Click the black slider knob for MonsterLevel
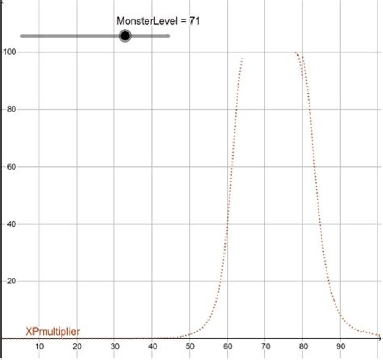pos(125,36)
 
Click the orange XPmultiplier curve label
pos(53,332)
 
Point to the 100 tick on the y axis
pos(9,52)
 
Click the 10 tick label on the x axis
pos(39,347)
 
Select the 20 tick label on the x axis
pos(77,347)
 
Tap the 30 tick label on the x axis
pos(115,347)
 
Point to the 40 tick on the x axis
pos(153,347)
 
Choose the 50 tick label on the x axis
pos(190,347)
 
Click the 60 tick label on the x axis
pos(228,347)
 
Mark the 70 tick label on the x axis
pos(265,347)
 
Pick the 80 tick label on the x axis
pos(303,347)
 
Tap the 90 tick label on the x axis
pos(341,347)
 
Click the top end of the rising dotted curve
pos(242,58)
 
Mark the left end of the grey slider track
pos(21,36)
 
